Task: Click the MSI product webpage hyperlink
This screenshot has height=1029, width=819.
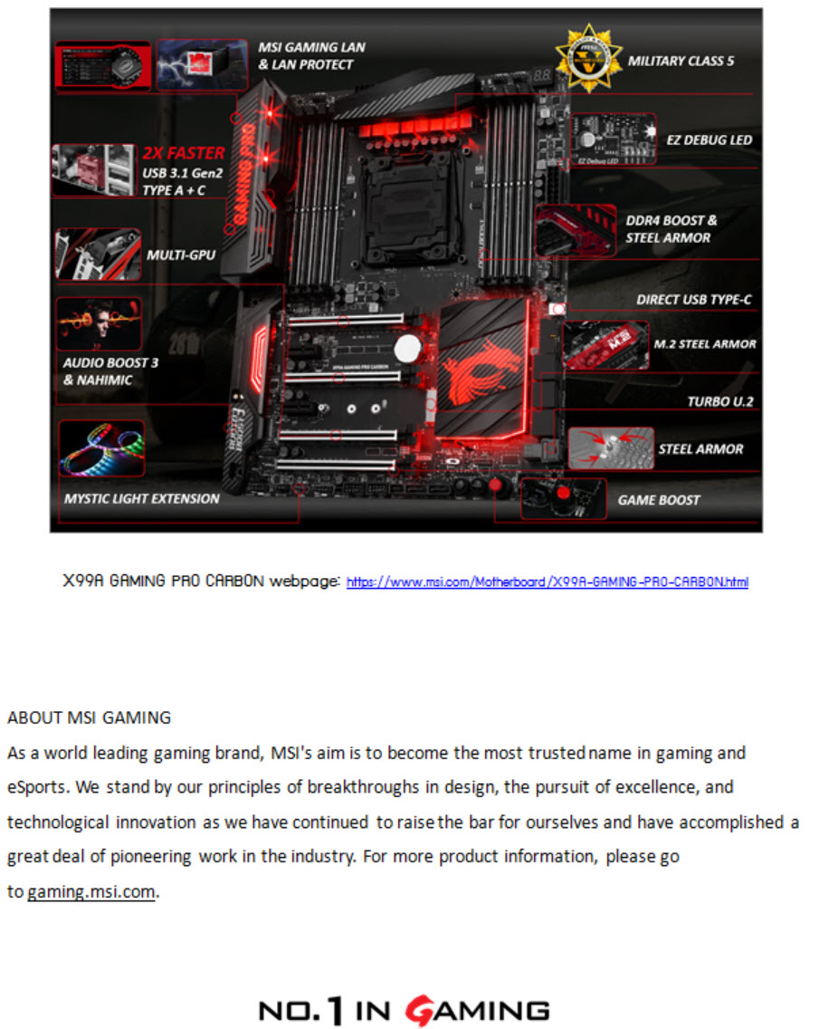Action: (x=547, y=582)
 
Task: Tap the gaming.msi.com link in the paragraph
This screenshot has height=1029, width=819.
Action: (x=91, y=891)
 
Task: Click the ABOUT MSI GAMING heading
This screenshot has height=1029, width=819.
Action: (x=89, y=717)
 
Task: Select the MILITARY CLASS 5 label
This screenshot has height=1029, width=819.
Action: (x=681, y=61)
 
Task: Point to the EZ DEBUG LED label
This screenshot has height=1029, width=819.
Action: (x=709, y=139)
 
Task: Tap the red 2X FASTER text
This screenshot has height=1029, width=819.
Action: (x=184, y=153)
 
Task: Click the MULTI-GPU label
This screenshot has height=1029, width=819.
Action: (x=181, y=255)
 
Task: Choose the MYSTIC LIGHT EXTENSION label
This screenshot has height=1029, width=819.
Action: (x=141, y=498)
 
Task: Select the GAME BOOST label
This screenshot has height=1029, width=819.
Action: (x=659, y=499)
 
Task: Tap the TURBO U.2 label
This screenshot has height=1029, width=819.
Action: (x=719, y=401)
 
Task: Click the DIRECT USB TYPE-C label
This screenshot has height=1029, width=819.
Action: (x=693, y=300)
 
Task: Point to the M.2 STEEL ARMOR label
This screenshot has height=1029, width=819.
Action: (x=704, y=343)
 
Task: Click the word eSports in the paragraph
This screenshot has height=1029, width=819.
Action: (x=39, y=787)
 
